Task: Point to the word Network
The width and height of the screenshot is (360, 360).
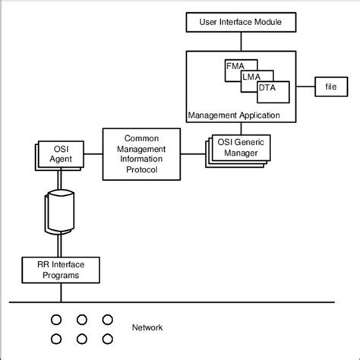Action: tap(147, 328)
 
